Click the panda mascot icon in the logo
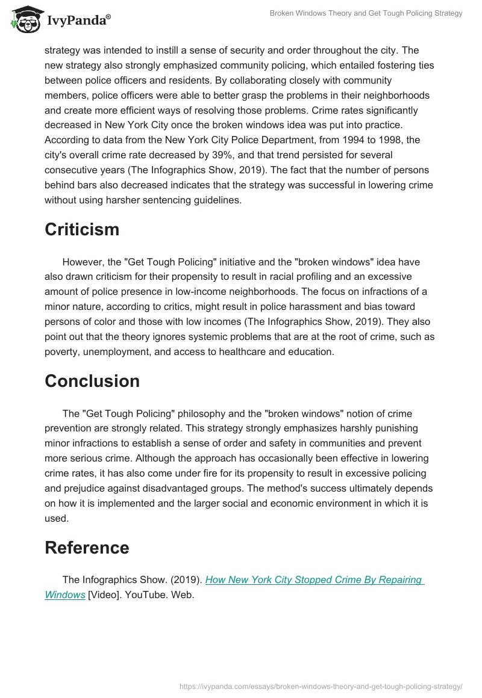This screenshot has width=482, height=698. pyautogui.click(x=23, y=20)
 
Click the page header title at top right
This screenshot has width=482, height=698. pyautogui.click(x=366, y=13)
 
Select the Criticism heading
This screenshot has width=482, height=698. pyautogui.click(x=82, y=229)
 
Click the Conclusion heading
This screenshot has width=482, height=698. pyautogui.click(x=92, y=381)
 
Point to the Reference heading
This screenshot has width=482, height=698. pyautogui.click(x=87, y=548)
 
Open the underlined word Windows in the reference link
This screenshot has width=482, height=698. pyautogui.click(x=65, y=595)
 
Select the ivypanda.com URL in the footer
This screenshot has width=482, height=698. pyautogui.click(x=321, y=686)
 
